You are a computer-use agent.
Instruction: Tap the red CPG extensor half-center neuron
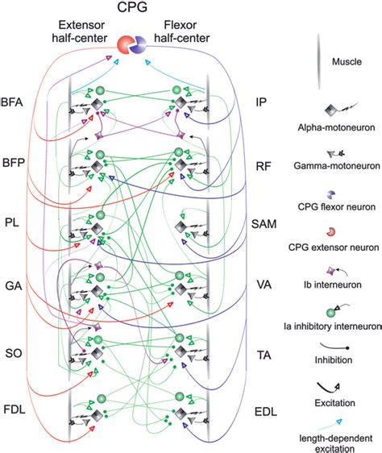(x=127, y=45)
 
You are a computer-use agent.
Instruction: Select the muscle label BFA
(x=13, y=102)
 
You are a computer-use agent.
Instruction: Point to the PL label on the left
(x=12, y=220)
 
